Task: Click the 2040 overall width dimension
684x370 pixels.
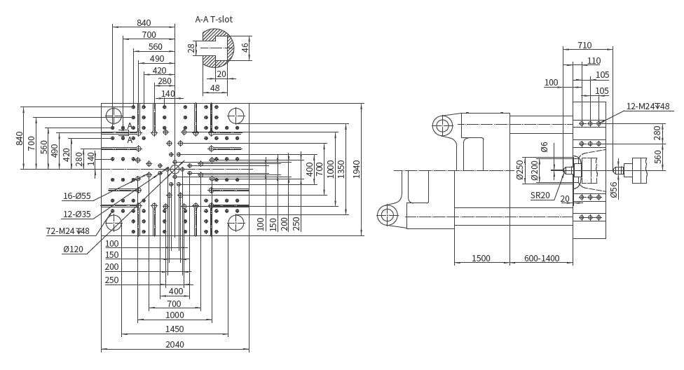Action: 175,344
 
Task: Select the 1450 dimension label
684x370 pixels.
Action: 174,329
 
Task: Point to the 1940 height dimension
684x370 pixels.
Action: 357,170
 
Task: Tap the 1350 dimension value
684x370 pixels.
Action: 341,170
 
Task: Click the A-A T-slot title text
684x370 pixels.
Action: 214,19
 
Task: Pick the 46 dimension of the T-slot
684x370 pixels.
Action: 245,47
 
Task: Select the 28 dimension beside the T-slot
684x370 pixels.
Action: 191,48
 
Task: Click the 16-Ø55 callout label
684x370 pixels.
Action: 77,196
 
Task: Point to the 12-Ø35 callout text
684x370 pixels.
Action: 77,214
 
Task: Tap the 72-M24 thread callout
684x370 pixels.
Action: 67,231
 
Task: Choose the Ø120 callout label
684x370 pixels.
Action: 73,249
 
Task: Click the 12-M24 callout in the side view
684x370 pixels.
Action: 648,107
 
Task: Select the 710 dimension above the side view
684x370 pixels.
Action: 584,45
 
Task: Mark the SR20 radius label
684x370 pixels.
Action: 540,195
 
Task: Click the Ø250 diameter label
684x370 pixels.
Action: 519,170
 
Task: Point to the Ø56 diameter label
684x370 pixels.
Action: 613,190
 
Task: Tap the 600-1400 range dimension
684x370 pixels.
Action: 542,259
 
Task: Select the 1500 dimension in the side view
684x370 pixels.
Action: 481,259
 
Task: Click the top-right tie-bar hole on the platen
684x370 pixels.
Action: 236,116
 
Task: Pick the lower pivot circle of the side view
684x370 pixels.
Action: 387,214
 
